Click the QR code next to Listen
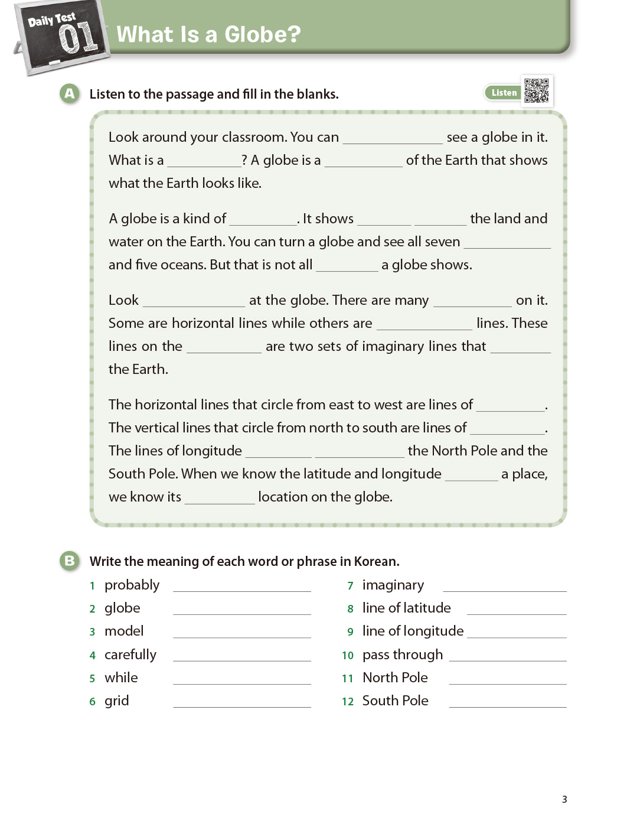pyautogui.click(x=536, y=91)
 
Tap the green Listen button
pyautogui.click(x=504, y=93)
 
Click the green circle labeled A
pyautogui.click(x=70, y=93)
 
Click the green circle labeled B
pyautogui.click(x=70, y=561)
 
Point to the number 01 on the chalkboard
pyautogui.click(x=78, y=38)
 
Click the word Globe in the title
pyautogui.click(x=263, y=35)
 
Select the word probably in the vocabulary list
pyautogui.click(x=132, y=585)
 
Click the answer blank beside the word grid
pyautogui.click(x=241, y=701)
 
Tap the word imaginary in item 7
pyautogui.click(x=393, y=585)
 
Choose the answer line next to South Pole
pyautogui.click(x=507, y=701)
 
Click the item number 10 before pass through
pyautogui.click(x=348, y=655)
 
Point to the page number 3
pyautogui.click(x=564, y=799)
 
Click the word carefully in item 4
pyautogui.click(x=130, y=655)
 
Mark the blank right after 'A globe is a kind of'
pyautogui.click(x=263, y=220)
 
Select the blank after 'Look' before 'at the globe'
pyautogui.click(x=194, y=301)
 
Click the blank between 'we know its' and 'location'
pyautogui.click(x=220, y=498)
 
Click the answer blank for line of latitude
pyautogui.click(x=516, y=608)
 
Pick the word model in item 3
pyautogui.click(x=124, y=631)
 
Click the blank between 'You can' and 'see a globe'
pyautogui.click(x=393, y=138)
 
